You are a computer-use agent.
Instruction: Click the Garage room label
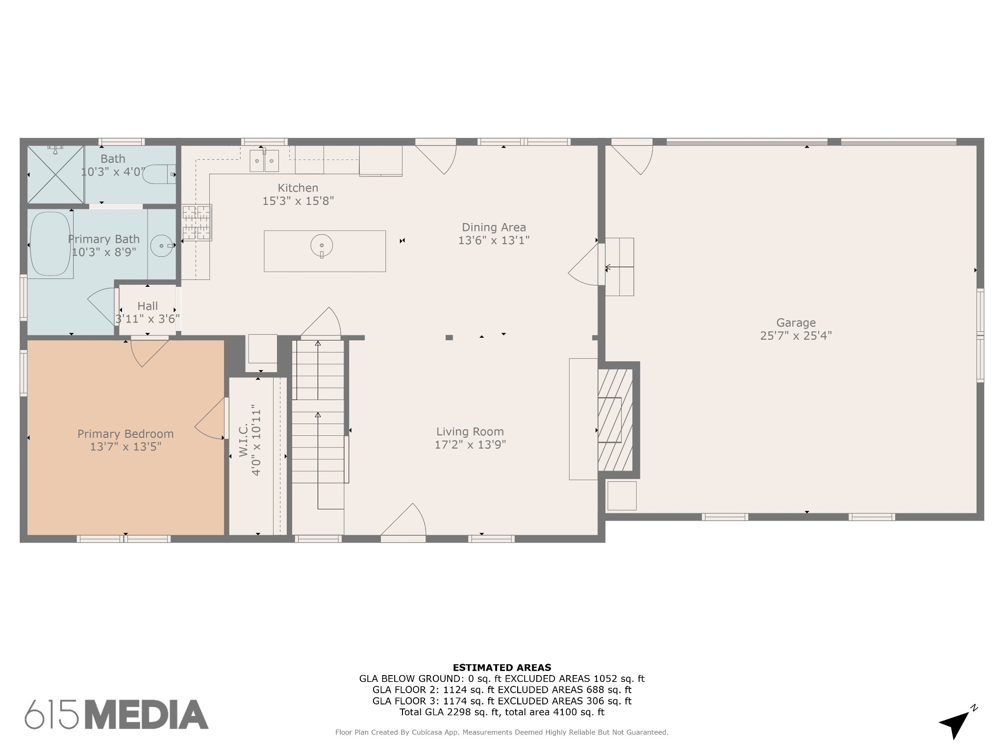click(x=796, y=323)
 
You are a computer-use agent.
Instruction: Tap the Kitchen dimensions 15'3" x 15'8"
click(x=298, y=201)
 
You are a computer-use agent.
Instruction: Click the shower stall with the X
click(x=55, y=174)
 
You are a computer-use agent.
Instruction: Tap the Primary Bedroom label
click(x=125, y=434)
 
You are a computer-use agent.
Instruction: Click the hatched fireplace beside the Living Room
click(x=615, y=420)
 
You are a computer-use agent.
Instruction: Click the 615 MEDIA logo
click(x=117, y=714)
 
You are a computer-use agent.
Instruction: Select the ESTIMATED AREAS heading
click(x=502, y=667)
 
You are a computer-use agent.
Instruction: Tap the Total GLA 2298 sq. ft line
click(x=502, y=712)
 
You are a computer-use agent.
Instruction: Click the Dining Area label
click(x=494, y=227)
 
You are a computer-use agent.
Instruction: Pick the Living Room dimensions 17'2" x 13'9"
click(x=470, y=445)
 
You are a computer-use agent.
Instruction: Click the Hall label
click(x=148, y=306)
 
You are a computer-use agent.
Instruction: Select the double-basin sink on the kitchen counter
click(x=264, y=161)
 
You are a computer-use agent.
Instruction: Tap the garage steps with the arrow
click(x=620, y=267)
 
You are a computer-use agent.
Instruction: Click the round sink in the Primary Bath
click(x=161, y=245)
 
